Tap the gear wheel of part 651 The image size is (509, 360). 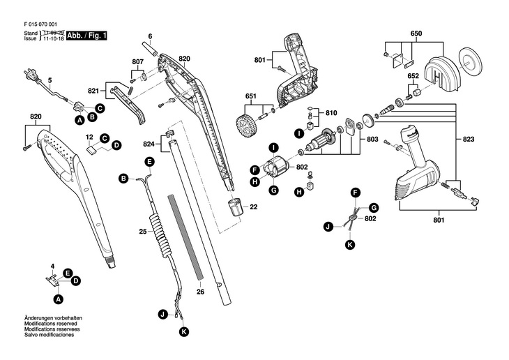point(245,126)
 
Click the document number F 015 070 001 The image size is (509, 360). point(41,24)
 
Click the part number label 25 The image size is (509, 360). point(142,230)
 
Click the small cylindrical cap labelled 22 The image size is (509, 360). point(234,207)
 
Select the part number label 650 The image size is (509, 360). point(416,33)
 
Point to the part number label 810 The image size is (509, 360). point(331,112)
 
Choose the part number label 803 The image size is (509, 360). point(372,140)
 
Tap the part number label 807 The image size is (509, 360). point(137,62)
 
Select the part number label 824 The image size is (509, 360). point(149,144)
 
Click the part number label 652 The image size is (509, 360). point(413,75)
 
